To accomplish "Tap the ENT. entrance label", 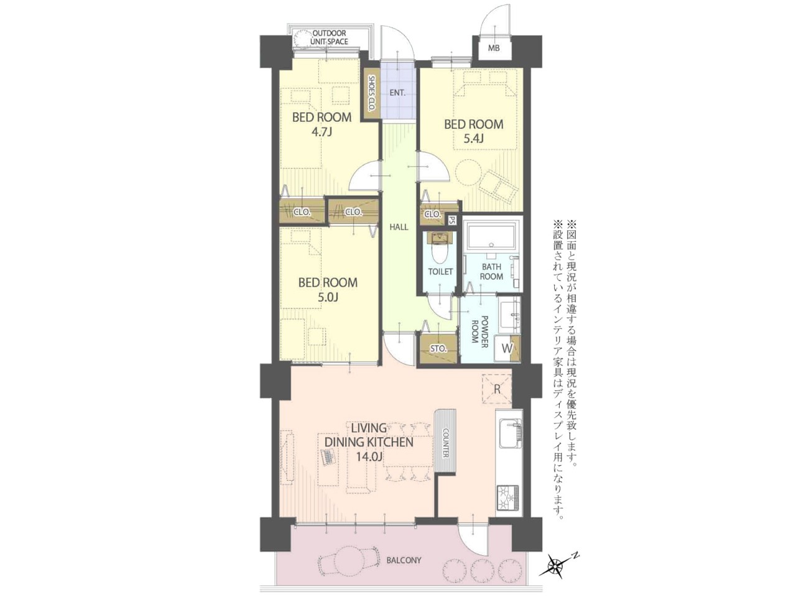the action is click(397, 93).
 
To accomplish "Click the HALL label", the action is click(399, 227).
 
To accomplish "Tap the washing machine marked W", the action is click(507, 348).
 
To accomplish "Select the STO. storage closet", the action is click(438, 349).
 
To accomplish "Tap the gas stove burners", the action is click(509, 498).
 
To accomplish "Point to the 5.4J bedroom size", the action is click(474, 139).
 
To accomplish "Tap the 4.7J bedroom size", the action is click(322, 132).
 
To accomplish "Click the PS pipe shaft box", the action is click(451, 220).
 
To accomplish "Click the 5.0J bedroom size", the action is click(328, 297).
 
